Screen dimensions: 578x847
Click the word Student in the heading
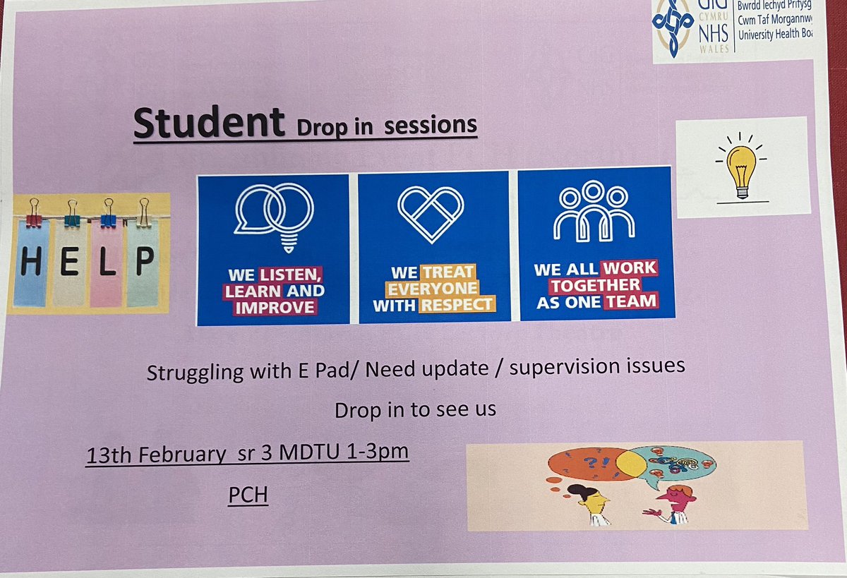(x=209, y=123)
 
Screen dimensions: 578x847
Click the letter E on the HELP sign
(x=69, y=264)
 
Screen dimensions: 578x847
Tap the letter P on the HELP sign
(x=144, y=263)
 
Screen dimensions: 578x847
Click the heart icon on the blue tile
(x=431, y=206)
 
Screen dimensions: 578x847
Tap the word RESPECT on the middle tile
(x=457, y=305)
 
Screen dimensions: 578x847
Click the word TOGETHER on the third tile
(x=596, y=285)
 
